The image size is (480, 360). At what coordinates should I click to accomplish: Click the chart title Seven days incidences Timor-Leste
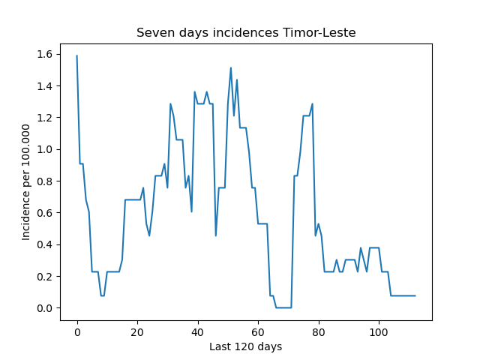pyautogui.click(x=246, y=33)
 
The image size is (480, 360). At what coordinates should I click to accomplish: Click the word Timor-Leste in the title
pyautogui.click(x=319, y=32)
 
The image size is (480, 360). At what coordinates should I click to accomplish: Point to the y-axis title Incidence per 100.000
pyautogui.click(x=26, y=182)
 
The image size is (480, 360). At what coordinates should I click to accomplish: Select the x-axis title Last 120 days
pyautogui.click(x=245, y=346)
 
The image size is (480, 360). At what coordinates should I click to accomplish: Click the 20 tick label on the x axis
pyautogui.click(x=137, y=332)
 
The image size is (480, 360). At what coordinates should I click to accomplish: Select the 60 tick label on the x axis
pyautogui.click(x=258, y=332)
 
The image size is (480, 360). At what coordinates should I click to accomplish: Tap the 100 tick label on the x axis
pyautogui.click(x=379, y=332)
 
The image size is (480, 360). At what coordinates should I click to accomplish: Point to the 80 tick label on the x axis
pyautogui.click(x=318, y=332)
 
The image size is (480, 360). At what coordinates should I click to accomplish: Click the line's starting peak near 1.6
pyautogui.click(x=76, y=55)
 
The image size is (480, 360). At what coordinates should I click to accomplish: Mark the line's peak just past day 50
pyautogui.click(x=231, y=67)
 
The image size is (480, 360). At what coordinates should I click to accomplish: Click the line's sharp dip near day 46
pyautogui.click(x=216, y=235)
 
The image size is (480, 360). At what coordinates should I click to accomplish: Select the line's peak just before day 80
pyautogui.click(x=312, y=103)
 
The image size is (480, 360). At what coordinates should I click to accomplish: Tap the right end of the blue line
pyautogui.click(x=415, y=295)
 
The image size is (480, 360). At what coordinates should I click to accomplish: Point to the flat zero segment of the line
pyautogui.click(x=283, y=307)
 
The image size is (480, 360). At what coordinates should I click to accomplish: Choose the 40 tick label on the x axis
pyautogui.click(x=197, y=332)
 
